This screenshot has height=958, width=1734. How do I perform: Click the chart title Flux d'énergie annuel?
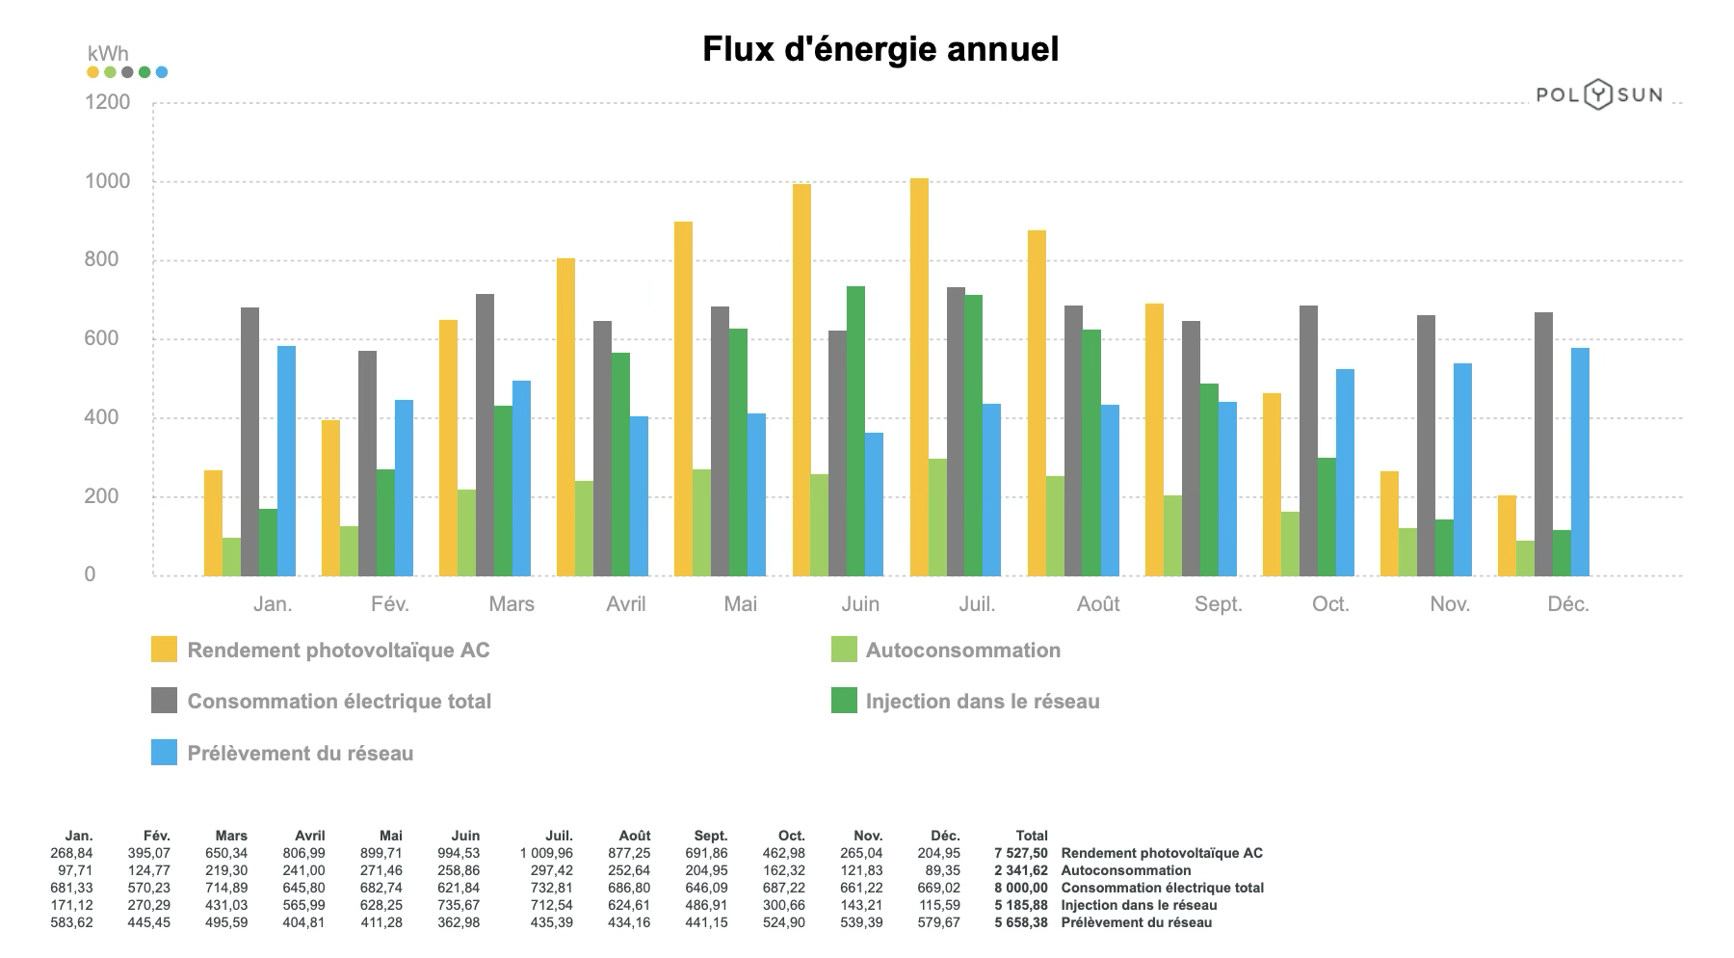(x=880, y=48)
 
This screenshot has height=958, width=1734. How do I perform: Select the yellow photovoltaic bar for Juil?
(x=919, y=377)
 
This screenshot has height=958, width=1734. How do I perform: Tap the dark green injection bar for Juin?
(x=855, y=431)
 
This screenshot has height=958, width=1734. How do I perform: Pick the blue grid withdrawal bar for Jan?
(x=286, y=461)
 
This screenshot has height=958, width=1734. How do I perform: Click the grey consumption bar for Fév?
(x=367, y=463)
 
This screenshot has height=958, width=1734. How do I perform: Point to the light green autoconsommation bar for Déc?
(x=1525, y=558)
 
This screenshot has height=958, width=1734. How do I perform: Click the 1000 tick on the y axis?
(x=108, y=181)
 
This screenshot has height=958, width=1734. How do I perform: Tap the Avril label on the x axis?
(x=625, y=604)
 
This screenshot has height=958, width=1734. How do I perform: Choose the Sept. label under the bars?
(x=1218, y=604)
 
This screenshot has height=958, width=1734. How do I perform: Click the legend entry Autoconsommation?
(x=962, y=651)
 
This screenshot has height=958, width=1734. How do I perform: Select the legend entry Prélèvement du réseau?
(x=300, y=754)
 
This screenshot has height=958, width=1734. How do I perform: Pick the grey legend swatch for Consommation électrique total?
(x=164, y=701)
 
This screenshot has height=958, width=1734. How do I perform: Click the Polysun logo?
(x=1598, y=94)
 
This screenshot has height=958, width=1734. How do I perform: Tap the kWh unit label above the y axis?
(x=107, y=54)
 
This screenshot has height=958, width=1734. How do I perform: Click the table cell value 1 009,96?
(x=545, y=853)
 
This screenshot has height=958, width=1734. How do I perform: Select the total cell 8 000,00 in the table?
(x=1020, y=888)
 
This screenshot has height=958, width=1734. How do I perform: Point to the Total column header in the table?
(x=1031, y=836)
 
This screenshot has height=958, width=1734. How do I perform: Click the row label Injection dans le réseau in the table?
(x=1139, y=905)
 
